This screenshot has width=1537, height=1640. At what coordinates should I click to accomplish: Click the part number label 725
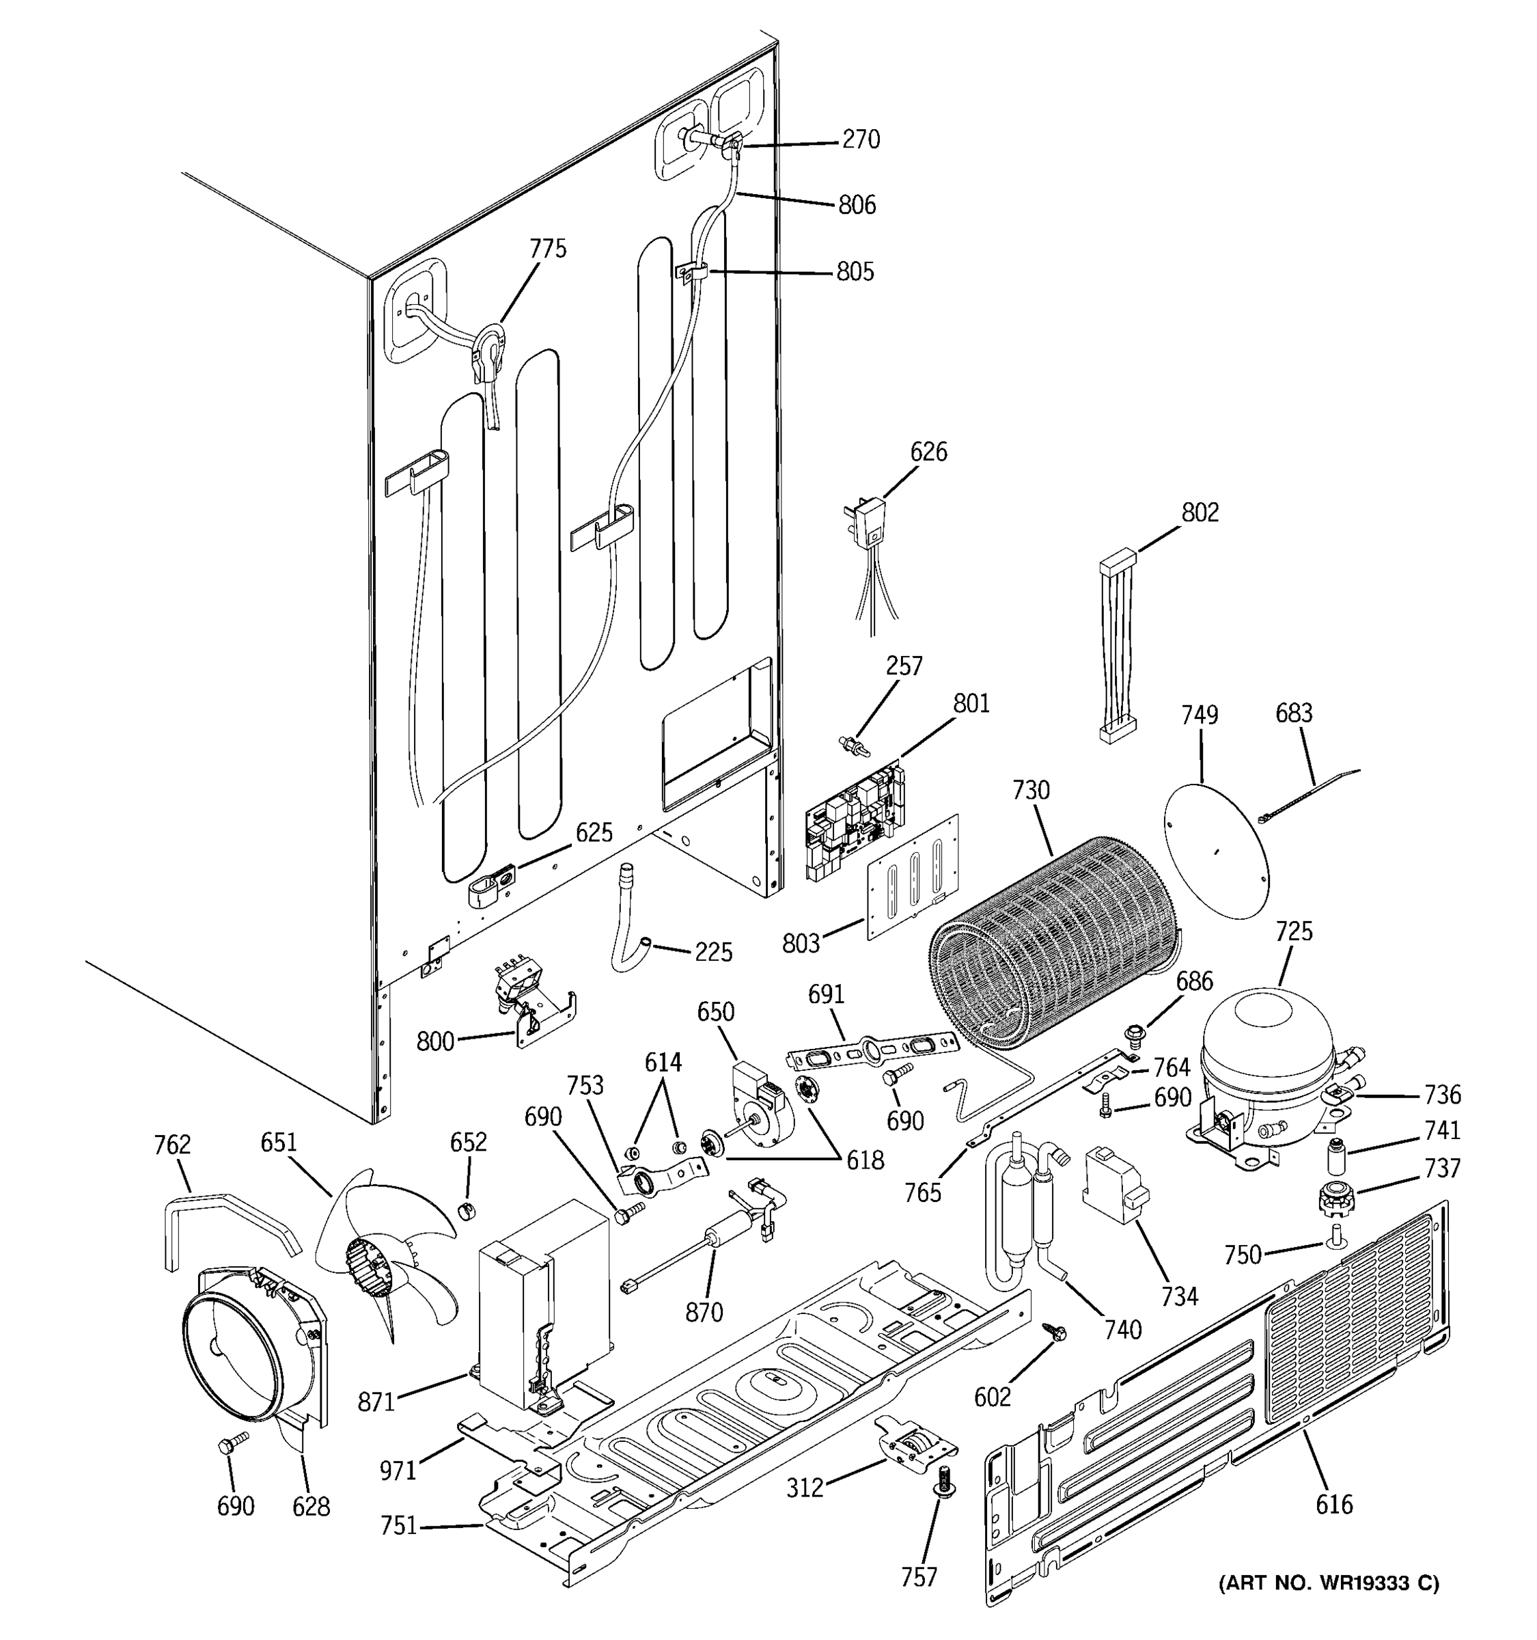tap(1293, 931)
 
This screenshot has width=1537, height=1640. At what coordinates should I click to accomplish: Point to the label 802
tap(1199, 512)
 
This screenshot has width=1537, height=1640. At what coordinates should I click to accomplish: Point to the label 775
tap(548, 248)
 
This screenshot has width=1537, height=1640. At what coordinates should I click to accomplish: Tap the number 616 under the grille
tap(1333, 1504)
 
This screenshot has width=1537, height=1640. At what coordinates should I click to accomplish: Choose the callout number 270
tap(860, 139)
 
